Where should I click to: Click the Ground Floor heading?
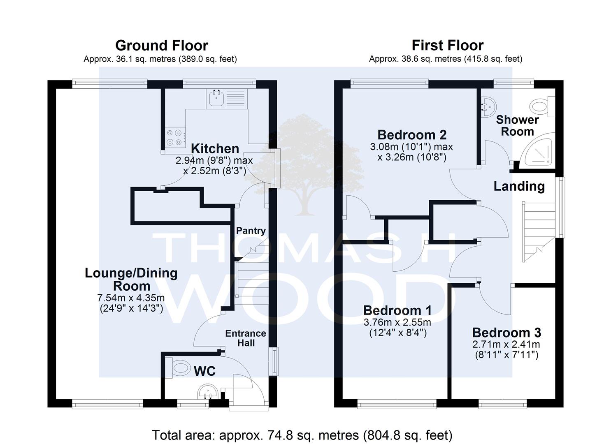162,46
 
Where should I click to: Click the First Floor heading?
448,45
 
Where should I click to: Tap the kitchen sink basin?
216,98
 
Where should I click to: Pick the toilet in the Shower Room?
543,106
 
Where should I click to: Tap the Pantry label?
251,231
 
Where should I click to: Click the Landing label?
519,186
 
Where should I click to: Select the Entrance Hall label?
246,338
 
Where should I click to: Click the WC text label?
204,371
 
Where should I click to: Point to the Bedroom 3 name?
506,333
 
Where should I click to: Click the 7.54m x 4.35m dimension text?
131,298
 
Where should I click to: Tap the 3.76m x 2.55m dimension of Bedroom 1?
397,322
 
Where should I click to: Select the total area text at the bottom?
302,435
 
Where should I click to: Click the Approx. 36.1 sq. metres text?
130,59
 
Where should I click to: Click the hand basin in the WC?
208,392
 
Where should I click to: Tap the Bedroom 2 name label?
412,135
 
